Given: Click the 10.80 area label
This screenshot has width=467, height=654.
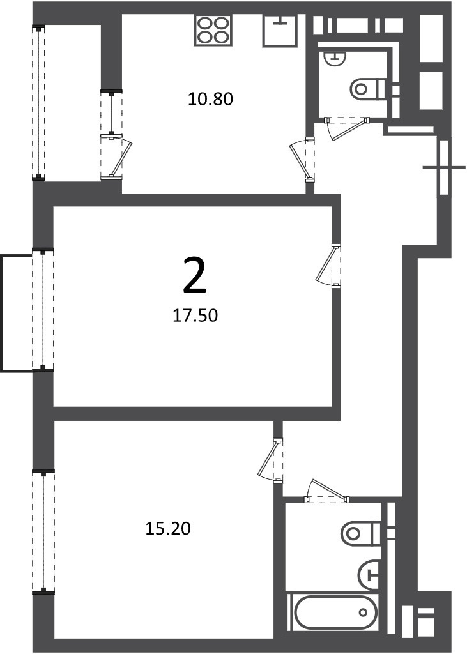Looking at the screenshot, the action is (x=210, y=99).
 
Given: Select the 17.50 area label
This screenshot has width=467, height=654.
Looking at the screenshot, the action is (x=195, y=316).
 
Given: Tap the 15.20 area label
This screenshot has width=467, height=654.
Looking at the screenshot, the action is (x=168, y=528).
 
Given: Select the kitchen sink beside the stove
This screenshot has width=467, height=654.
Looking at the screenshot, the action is (x=280, y=31).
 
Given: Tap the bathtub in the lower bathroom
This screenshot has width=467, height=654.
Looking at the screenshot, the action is (x=334, y=612).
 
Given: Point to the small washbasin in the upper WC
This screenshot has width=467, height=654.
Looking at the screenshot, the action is (x=335, y=58).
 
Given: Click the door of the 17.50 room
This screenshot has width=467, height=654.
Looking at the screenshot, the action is (x=328, y=266).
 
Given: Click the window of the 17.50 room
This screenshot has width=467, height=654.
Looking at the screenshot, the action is (x=43, y=310).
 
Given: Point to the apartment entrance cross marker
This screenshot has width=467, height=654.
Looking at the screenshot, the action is (x=444, y=168).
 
